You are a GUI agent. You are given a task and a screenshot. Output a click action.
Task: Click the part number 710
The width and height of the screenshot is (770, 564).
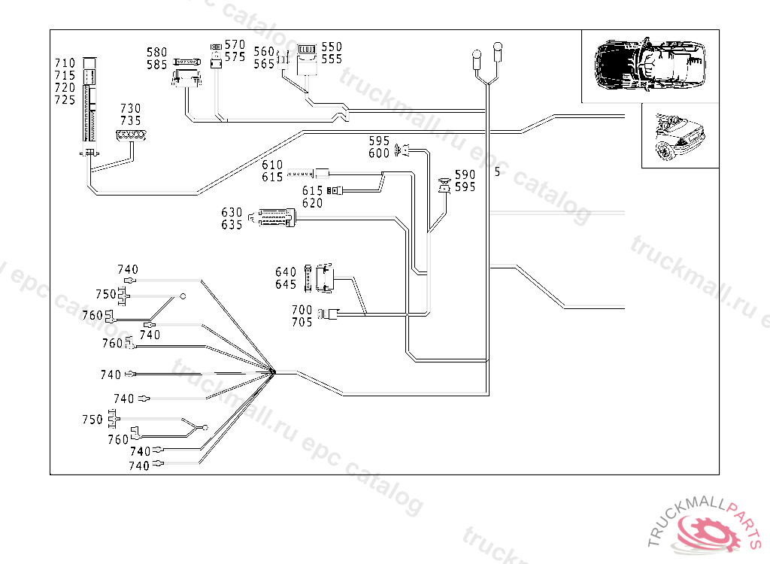click(x=65, y=63)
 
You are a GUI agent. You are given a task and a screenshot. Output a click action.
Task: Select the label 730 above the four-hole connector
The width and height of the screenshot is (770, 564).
click(x=131, y=108)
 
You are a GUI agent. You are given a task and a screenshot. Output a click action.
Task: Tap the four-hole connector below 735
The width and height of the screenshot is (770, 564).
click(x=131, y=135)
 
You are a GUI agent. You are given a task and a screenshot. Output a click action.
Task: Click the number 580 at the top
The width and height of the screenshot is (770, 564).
click(x=157, y=53)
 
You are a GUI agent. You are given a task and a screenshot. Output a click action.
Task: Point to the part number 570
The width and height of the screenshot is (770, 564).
click(x=235, y=45)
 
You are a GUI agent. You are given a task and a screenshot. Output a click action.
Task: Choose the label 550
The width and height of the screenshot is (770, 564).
click(x=332, y=47)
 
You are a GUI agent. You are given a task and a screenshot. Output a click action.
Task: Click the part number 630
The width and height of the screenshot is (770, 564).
click(x=232, y=213)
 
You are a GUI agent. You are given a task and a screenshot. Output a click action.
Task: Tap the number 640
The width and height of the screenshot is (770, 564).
click(x=286, y=272)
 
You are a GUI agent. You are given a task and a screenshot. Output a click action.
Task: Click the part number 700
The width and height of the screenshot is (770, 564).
click(x=302, y=310)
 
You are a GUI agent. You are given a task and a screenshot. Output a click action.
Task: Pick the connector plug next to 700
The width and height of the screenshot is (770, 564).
click(x=329, y=314)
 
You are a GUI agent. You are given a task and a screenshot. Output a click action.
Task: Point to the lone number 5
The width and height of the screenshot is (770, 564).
click(x=498, y=172)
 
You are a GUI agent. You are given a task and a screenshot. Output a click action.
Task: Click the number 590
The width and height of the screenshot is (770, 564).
click(x=465, y=175)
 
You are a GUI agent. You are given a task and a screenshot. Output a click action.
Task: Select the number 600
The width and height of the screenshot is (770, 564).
click(x=379, y=153)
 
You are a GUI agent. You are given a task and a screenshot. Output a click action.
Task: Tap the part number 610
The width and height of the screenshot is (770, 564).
click(x=272, y=165)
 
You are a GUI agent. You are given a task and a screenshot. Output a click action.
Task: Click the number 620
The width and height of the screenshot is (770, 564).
click(x=312, y=203)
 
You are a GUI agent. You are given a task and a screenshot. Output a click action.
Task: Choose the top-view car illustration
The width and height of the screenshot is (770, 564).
click(x=650, y=65)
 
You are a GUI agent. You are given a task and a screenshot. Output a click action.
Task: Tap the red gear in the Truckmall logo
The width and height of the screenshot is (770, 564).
click(x=710, y=532)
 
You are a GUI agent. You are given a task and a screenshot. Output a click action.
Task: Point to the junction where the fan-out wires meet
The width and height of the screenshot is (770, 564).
click(x=273, y=372)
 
